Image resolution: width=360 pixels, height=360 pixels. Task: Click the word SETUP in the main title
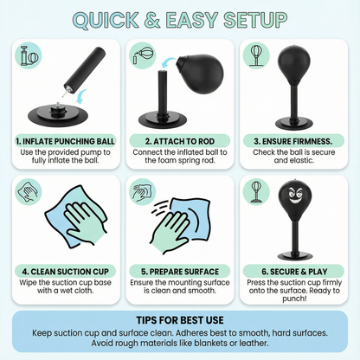(x=255, y=20)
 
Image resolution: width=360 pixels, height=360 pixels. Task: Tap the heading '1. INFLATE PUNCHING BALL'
(x=66, y=141)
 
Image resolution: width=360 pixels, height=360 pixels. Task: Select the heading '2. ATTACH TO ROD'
(x=180, y=141)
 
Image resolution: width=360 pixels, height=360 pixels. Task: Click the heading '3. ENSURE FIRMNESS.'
(x=293, y=141)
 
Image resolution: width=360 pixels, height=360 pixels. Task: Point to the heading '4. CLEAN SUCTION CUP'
(x=66, y=272)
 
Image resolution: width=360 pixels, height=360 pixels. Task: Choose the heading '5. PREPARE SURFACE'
(x=180, y=272)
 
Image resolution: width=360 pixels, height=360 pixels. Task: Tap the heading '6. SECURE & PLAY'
(x=294, y=272)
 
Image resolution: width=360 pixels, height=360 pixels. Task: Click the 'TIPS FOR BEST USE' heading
(x=180, y=320)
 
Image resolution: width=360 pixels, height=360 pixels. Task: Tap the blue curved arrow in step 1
(x=80, y=97)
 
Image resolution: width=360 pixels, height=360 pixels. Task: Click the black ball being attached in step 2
(x=200, y=74)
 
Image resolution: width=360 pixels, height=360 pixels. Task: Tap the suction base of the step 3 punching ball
(x=294, y=125)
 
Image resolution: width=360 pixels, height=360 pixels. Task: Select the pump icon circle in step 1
(x=29, y=56)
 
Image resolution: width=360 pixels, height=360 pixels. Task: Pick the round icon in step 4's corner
(x=29, y=191)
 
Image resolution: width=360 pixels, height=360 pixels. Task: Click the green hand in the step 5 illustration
(x=170, y=232)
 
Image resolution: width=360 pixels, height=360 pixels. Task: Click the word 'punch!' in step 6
(x=294, y=299)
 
